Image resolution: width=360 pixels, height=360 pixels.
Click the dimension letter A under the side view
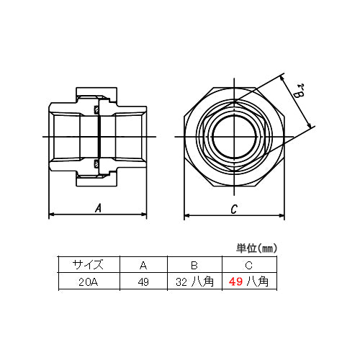pos(97,208)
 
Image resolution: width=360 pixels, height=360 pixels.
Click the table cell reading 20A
pos(89,282)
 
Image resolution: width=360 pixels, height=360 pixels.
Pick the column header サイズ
pos(89,264)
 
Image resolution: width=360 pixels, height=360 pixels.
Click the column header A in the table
pos(143,264)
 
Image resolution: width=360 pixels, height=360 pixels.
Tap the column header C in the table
pos(249,264)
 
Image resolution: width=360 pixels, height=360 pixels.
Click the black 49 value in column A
pos(143,282)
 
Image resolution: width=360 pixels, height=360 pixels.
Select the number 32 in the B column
pos(181,282)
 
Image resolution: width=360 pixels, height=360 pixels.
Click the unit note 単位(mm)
pos(256,248)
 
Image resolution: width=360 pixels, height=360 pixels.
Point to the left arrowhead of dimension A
pos(51,215)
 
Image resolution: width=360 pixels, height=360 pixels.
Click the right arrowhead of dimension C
pos(280,215)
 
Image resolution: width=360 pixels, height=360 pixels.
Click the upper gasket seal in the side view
pos(96,110)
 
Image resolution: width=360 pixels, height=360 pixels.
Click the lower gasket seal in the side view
pos(96,163)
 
